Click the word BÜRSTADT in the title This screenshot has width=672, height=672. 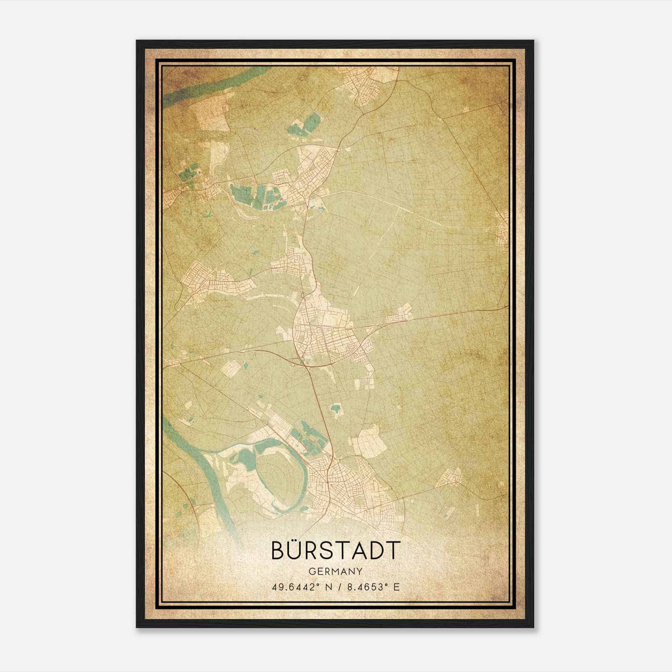pyautogui.click(x=335, y=550)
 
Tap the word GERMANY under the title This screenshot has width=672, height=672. pyautogui.click(x=335, y=571)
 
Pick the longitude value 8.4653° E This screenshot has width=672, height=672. pyautogui.click(x=372, y=587)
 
